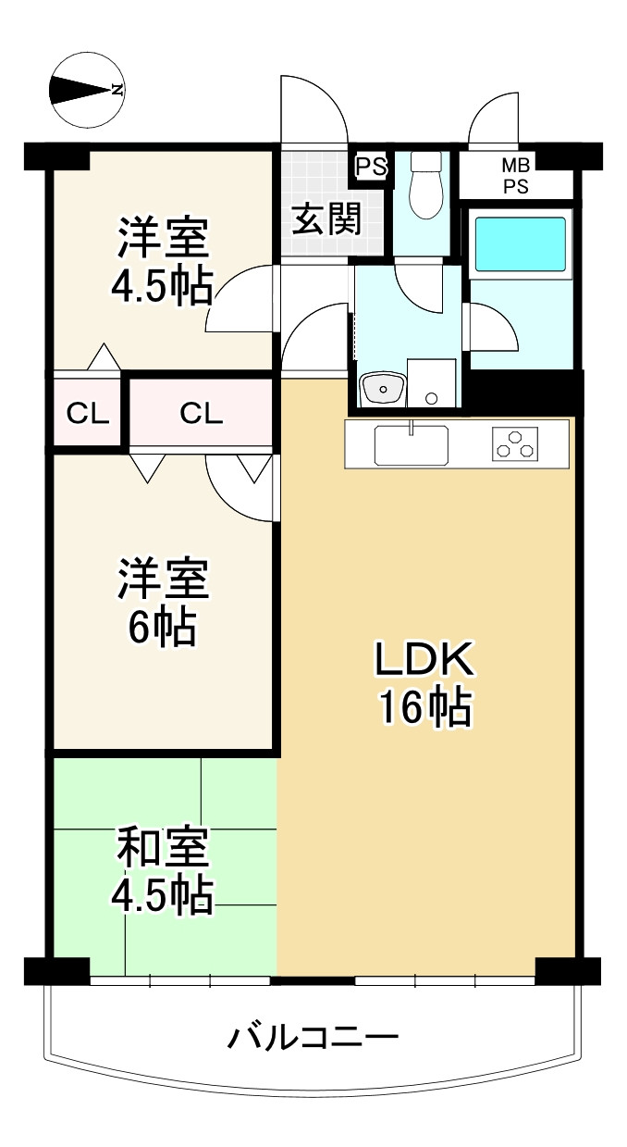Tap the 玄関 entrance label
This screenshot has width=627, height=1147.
tap(327, 218)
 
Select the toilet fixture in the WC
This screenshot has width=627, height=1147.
tap(425, 185)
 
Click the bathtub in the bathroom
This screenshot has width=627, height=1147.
tap(521, 244)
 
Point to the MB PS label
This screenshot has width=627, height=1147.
tap(515, 176)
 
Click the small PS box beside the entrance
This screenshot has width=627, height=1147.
tap(371, 167)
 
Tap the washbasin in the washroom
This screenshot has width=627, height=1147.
tap(383, 388)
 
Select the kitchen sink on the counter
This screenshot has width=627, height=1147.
tap(412, 444)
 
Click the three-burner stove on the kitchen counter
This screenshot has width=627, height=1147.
tap(515, 443)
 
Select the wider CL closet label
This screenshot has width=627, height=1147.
tap(201, 413)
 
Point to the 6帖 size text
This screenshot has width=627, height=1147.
tap(162, 628)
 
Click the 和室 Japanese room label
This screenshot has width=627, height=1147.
tap(163, 847)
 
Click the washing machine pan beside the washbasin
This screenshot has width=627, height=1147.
tap(431, 383)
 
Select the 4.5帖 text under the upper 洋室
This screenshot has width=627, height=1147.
tap(162, 286)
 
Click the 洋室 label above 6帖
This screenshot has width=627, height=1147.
tap(163, 578)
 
